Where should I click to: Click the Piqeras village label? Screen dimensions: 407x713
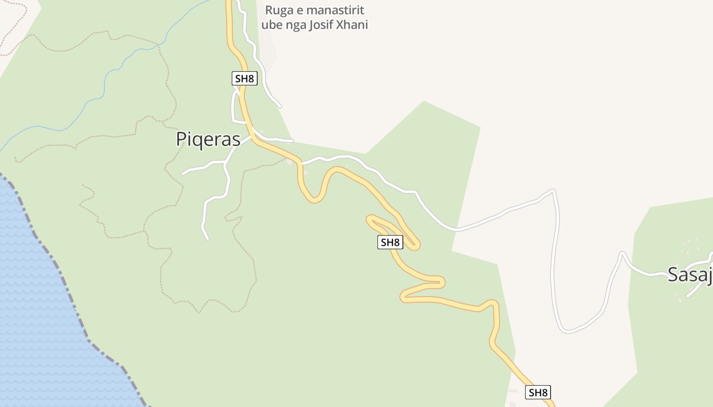[208, 139]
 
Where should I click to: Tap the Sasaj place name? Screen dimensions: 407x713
[690, 274]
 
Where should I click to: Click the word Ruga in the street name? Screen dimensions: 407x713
[279, 11]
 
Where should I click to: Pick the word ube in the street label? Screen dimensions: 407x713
[272, 25]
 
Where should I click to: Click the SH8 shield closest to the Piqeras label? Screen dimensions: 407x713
[244, 78]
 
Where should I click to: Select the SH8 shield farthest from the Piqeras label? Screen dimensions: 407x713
[538, 392]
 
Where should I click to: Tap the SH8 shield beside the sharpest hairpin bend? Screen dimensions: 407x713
[390, 242]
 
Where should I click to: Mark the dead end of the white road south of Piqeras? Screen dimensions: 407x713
[207, 238]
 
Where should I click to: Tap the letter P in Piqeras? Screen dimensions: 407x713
[181, 139]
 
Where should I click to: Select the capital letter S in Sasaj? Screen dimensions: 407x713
[673, 274]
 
